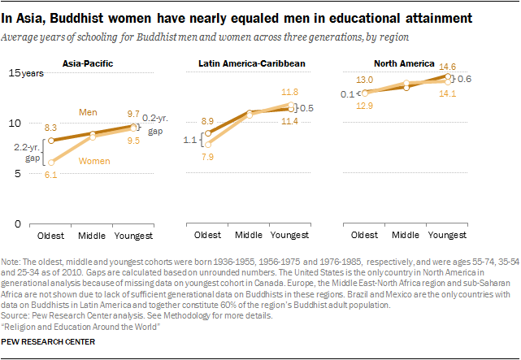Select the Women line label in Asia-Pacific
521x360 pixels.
click(93, 161)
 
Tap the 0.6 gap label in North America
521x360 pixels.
click(465, 79)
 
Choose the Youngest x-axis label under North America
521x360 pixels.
click(447, 235)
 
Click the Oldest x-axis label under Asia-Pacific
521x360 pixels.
click(53, 235)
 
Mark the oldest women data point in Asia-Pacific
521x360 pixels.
click(53, 163)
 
